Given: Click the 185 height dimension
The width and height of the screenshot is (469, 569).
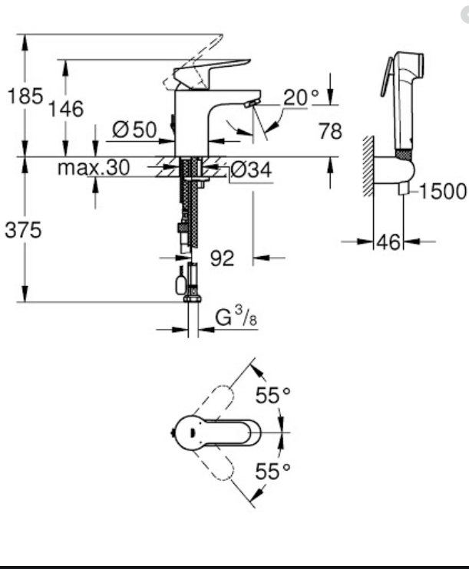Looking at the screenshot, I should (x=23, y=97).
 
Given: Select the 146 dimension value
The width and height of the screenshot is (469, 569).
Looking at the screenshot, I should (x=66, y=109).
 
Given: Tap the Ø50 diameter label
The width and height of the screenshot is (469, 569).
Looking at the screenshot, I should (x=134, y=130).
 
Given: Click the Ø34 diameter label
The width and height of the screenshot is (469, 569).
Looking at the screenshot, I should (x=251, y=170).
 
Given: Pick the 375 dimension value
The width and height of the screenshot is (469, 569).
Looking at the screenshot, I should (x=24, y=229).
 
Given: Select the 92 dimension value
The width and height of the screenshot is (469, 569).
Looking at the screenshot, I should (x=222, y=259).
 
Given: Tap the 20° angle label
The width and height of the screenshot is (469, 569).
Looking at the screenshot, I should (x=300, y=97).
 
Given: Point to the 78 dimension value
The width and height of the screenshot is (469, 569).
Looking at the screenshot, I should (x=330, y=131).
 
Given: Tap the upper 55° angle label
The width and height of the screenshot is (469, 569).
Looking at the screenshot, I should (x=273, y=396).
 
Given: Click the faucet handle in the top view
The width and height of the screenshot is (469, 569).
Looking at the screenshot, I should (x=223, y=433).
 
